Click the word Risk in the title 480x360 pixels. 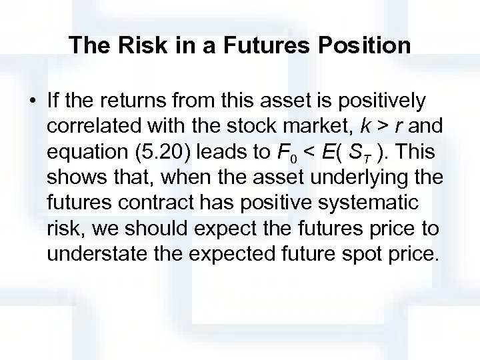(x=142, y=45)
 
